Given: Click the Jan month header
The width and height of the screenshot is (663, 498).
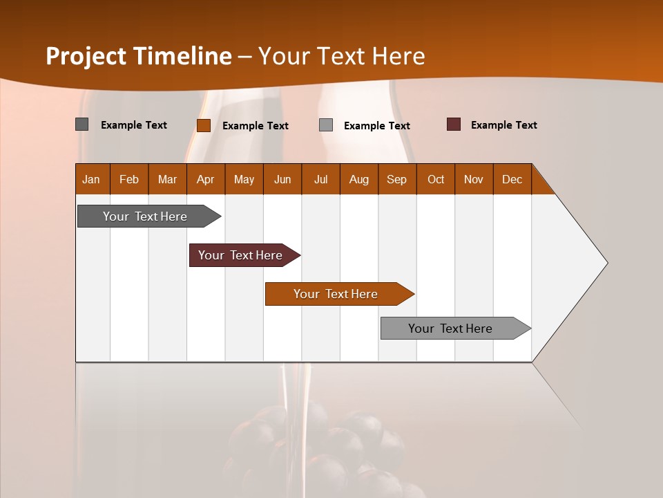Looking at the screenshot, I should coord(91,179).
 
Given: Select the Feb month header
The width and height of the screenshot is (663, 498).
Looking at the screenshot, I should coord(129,179).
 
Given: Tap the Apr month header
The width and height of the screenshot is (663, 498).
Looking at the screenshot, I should coord(205,179).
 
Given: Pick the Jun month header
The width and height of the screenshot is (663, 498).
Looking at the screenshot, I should coord(282,179).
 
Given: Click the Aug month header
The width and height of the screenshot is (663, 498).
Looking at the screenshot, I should coord(358,179).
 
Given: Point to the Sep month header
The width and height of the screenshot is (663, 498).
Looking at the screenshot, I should coord(396,179).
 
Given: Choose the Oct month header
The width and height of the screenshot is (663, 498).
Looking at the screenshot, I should coord(436,179).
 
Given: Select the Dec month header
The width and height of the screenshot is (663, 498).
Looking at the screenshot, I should coord(512,179).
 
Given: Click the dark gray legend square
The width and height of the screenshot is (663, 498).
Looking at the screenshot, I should coord(82,124).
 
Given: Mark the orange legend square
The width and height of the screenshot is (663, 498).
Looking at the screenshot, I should coord(204,125).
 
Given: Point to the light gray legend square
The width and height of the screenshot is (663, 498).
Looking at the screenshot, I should coord(326,125).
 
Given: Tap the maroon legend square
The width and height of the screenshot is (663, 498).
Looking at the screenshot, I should coord(454,124).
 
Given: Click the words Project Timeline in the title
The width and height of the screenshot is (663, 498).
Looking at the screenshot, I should coord(139,56).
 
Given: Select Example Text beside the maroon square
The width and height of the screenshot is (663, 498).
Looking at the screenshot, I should coord(503,125).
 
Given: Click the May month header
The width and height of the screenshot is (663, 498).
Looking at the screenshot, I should coord(244,179).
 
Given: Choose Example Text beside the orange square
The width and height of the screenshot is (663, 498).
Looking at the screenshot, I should coord(255,126).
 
